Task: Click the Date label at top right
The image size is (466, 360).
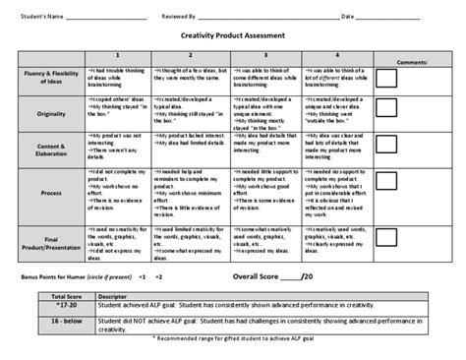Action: [348, 17]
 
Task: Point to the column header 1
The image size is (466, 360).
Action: [117, 55]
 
